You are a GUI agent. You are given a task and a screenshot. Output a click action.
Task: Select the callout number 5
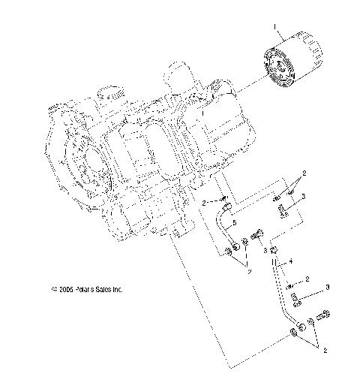tap(234, 225)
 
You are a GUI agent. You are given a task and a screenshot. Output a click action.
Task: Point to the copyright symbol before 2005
tap(53, 288)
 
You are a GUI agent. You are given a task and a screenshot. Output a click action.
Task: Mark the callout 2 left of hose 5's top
tap(203, 203)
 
